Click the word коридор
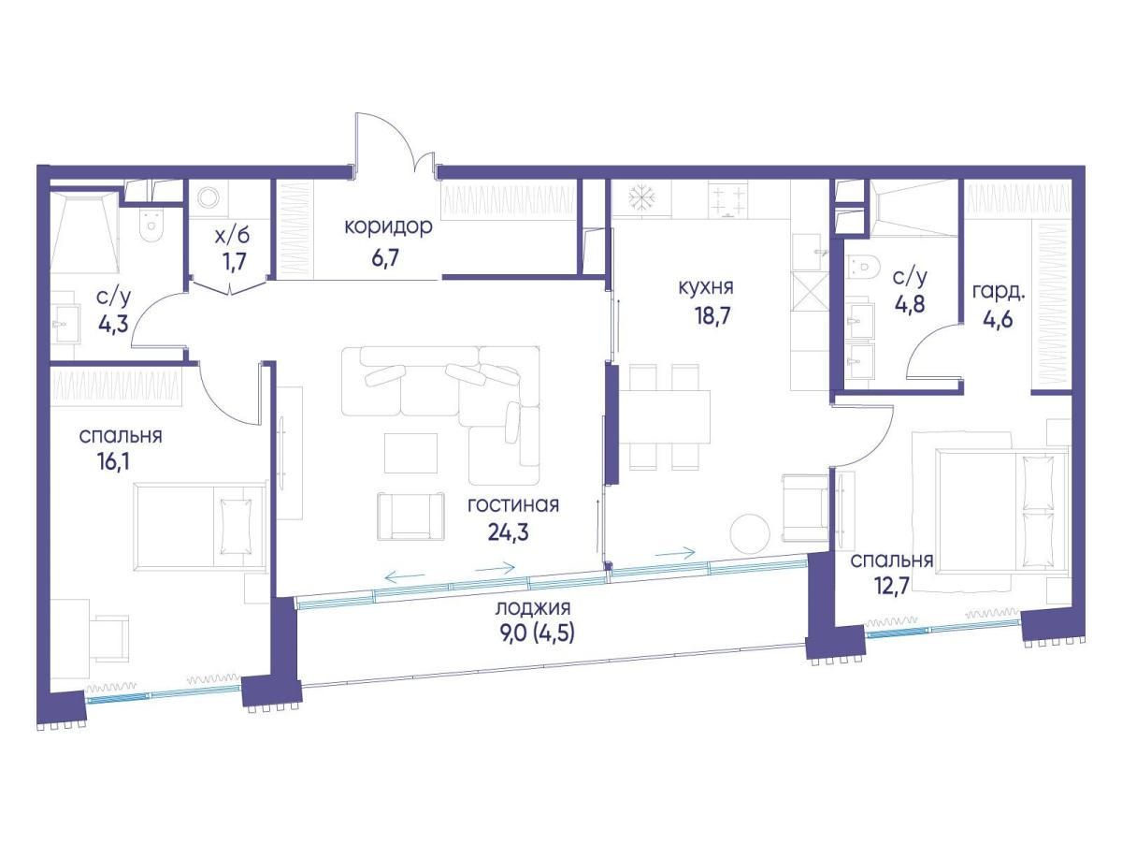coord(388,226)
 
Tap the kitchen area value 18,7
coord(712,316)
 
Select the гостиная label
coord(513,505)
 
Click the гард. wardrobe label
coord(999,293)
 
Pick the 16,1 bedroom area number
coord(113,462)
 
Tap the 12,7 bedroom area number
coord(892,585)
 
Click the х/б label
coord(233,237)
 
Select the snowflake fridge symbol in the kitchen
coord(640,198)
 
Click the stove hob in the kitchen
coord(727,200)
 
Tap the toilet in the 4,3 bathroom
coord(150,226)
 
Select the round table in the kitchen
coord(749,533)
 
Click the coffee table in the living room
coord(410,453)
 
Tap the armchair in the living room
coord(410,517)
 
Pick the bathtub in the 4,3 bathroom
coord(85,232)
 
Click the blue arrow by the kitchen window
coord(675,552)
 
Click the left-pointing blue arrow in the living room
coord(405,577)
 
